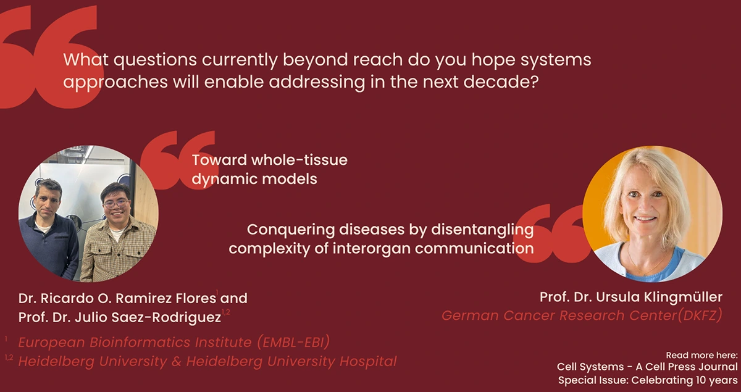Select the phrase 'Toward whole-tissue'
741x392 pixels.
pyautogui.click(x=269, y=161)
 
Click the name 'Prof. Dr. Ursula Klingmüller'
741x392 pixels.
pyautogui.click(x=630, y=298)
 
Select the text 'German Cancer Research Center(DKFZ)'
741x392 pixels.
pyautogui.click(x=582, y=316)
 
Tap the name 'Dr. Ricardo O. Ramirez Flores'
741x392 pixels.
pyautogui.click(x=117, y=298)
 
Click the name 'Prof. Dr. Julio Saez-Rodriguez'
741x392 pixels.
pyautogui.click(x=119, y=317)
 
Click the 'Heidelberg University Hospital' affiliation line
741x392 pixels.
pyautogui.click(x=207, y=361)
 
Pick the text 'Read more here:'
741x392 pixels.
pyautogui.click(x=701, y=356)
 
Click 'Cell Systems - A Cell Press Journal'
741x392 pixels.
pyautogui.click(x=647, y=367)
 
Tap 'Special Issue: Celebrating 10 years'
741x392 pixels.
pyautogui.click(x=648, y=380)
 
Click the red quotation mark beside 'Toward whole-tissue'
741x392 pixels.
pyautogui.click(x=177, y=159)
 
